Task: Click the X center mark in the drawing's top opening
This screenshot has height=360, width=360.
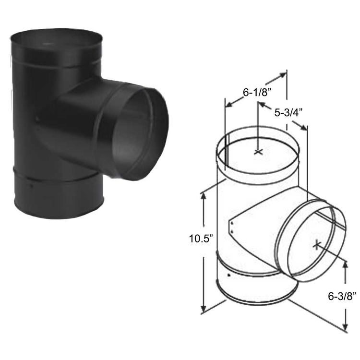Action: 259,152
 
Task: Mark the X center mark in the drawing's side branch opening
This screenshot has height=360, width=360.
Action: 316,245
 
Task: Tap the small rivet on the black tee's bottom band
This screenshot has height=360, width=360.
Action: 28,182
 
